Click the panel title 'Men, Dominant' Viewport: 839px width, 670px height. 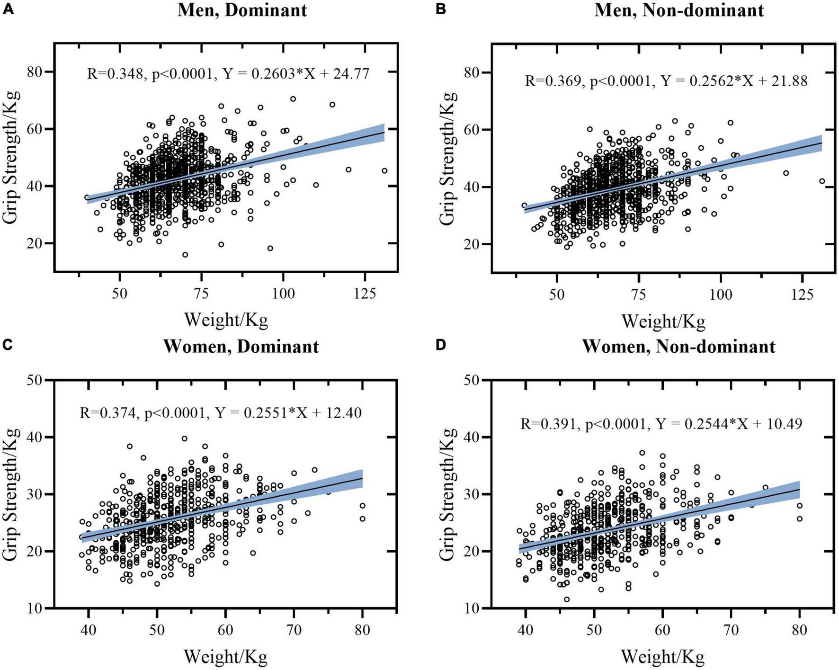pos(242,10)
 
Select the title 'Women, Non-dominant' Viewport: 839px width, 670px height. pos(678,346)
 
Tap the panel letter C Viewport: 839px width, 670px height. pos(8,345)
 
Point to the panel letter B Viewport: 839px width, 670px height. pos(441,9)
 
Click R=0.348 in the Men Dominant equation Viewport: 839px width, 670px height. pos(115,73)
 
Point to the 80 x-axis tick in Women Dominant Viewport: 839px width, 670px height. pos(362,630)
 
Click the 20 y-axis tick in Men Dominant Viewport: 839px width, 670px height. pos(36,243)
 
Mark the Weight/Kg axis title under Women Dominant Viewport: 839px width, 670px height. pos(225,657)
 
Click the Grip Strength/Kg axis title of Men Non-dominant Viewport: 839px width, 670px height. pos(447,158)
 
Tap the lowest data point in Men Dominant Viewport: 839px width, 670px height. pos(185,255)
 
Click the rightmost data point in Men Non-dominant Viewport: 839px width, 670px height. pos(822,181)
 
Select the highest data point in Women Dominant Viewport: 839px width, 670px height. pos(185,438)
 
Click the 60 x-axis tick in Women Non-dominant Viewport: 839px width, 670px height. pos(662,630)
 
